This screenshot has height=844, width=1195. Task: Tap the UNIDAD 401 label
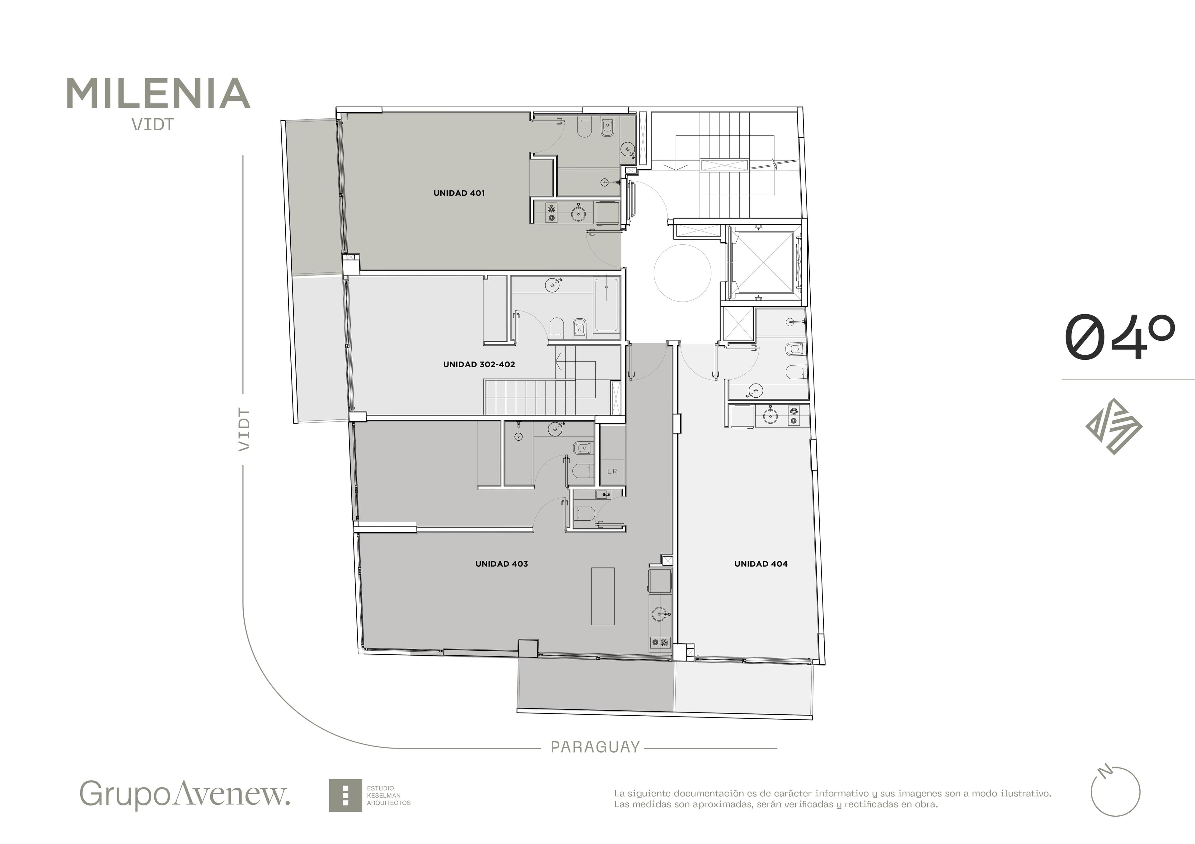459,193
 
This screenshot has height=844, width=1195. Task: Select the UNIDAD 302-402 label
479,365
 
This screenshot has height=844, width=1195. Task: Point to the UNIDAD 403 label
502,564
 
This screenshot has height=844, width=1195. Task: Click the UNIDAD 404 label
761,564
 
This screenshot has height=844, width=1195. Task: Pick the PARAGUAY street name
595,747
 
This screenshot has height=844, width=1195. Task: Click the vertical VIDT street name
244,430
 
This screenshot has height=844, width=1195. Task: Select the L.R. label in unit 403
613,472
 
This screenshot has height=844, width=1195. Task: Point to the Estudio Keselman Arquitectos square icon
345,795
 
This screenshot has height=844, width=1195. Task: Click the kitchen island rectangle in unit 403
603,596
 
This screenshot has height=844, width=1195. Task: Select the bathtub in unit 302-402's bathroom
606,305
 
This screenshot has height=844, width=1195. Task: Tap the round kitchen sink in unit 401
578,213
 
